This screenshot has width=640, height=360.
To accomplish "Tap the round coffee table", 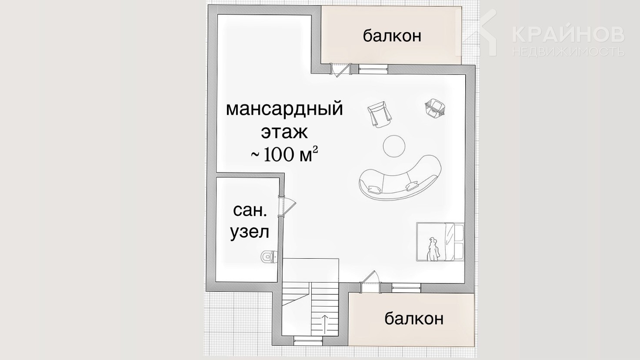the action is [394, 146].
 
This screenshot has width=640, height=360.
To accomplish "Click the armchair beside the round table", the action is [380, 114].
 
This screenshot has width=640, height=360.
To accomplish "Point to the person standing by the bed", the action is [433, 250].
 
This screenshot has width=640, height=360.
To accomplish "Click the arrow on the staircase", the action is [325, 324].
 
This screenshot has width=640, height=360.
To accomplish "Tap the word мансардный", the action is [284, 109].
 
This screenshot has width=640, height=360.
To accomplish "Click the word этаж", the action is [285, 132].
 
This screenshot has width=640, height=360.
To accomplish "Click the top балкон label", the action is [392, 36].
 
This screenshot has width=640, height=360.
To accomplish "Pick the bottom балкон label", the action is [414, 318].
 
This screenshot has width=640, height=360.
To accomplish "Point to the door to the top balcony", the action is [340, 70].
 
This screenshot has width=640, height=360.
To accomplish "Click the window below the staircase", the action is [308, 339].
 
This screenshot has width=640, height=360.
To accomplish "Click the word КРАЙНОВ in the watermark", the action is [568, 35].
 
